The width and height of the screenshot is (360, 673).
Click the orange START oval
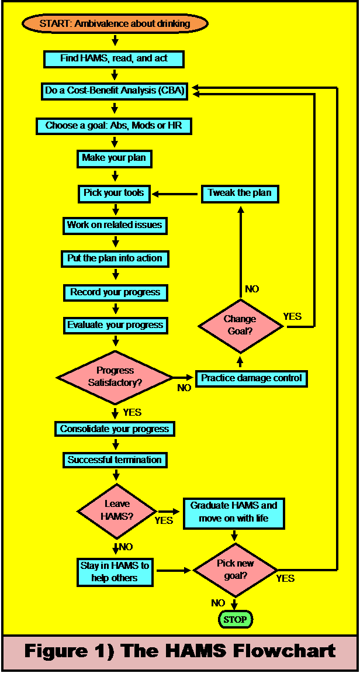click(115, 24)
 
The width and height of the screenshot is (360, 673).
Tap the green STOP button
click(236, 619)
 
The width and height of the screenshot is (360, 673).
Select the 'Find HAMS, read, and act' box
click(115, 58)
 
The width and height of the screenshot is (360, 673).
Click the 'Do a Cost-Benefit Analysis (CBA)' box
click(115, 91)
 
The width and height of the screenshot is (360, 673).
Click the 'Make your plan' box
click(115, 158)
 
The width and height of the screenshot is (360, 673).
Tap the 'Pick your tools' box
click(115, 192)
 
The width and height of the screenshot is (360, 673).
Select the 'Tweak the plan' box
click(240, 193)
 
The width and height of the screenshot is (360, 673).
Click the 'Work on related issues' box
click(115, 225)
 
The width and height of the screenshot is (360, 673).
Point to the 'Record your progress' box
click(115, 292)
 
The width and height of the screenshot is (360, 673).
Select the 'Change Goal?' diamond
click(240, 325)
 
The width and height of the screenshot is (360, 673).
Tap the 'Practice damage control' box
click(251, 378)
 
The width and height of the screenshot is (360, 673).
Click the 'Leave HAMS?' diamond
click(117, 510)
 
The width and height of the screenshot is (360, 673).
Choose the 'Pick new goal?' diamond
click(235, 570)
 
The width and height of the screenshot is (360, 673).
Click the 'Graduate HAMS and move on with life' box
click(234, 513)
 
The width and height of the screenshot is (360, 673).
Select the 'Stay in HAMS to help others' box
click(115, 572)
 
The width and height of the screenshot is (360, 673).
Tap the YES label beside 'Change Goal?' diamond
click(292, 316)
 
